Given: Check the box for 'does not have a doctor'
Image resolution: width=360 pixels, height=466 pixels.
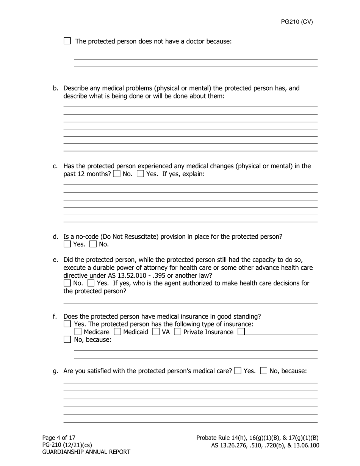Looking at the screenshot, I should (x=67, y=41).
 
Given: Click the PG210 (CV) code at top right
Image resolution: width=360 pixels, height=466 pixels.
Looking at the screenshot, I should (x=297, y=22).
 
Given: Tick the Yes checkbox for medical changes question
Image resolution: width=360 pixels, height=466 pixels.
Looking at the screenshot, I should (x=140, y=174).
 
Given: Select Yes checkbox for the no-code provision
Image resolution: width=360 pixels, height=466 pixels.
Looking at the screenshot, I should (x=67, y=244).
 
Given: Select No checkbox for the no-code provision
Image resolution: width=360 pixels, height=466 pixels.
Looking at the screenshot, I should (x=93, y=244).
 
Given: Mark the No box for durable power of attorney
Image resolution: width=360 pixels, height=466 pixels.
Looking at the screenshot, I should (x=67, y=283).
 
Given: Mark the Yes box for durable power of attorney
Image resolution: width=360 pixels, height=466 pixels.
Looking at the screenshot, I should (x=91, y=283).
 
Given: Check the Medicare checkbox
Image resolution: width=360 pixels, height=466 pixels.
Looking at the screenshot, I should (x=78, y=332).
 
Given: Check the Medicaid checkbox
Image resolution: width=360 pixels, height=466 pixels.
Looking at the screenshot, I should (x=117, y=332).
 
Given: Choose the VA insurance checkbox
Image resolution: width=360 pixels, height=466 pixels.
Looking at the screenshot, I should (x=156, y=332).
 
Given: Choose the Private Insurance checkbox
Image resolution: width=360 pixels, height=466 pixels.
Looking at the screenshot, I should (x=177, y=332).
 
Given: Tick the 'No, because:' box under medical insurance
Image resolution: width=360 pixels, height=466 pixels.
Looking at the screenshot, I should (x=67, y=339).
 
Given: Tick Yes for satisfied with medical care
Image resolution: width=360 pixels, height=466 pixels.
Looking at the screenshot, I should (x=238, y=371).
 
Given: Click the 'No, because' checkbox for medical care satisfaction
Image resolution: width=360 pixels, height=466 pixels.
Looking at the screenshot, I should (x=264, y=371).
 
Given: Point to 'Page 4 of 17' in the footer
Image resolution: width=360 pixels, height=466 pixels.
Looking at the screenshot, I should (x=59, y=438).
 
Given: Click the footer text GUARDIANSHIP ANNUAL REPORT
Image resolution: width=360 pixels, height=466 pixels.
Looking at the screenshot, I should (x=86, y=452).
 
